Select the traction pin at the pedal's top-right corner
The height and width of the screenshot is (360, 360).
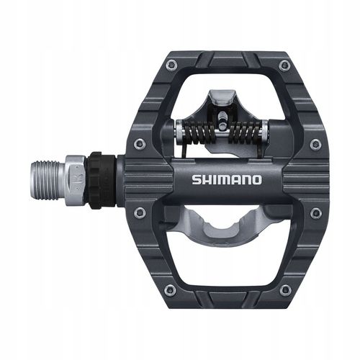pos(285,66)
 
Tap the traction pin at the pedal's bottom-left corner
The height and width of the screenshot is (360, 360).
pos(168,289)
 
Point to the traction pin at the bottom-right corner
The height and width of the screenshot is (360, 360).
pos(285,289)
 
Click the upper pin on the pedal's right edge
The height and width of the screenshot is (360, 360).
pos(315,144)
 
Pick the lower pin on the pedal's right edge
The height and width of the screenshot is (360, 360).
pos(315,213)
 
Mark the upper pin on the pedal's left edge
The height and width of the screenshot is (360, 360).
pos(140,144)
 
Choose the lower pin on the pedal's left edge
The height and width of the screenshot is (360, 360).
pos(140,213)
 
